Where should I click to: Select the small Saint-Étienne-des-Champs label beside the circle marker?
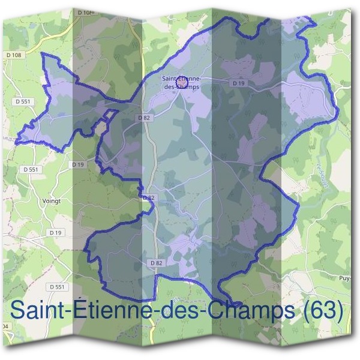(181, 82)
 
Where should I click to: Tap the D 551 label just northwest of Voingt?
(31, 170)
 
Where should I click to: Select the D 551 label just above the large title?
(56, 287)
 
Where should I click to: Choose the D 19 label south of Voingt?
(56, 232)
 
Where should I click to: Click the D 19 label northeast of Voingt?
(77, 164)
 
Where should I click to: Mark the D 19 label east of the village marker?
(238, 83)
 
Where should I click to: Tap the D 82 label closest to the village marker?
(143, 118)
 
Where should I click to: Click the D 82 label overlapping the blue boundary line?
(149, 197)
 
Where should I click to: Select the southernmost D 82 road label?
(155, 263)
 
